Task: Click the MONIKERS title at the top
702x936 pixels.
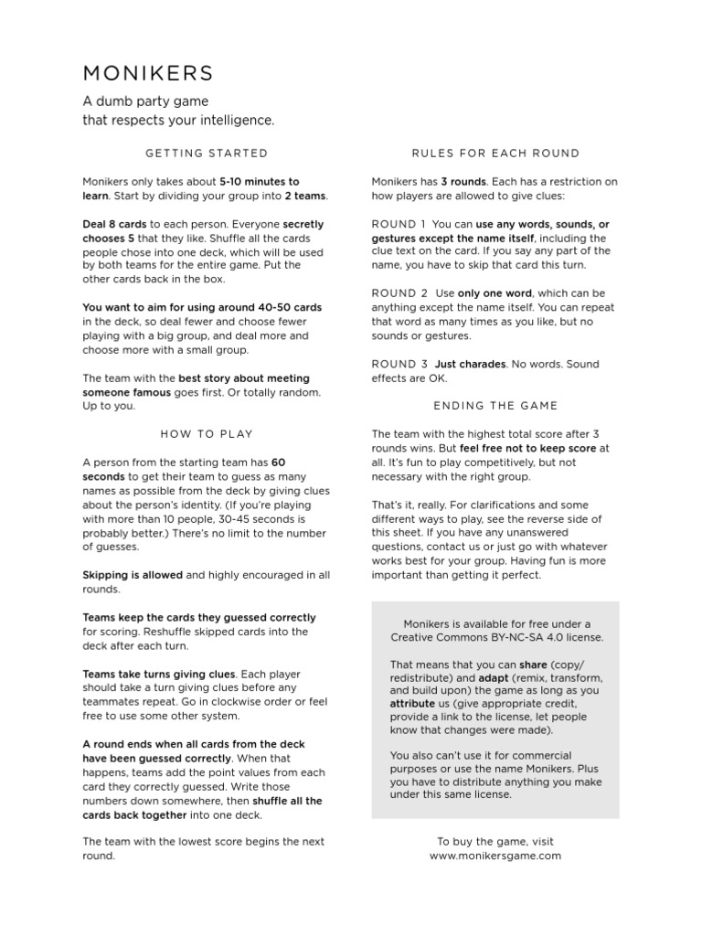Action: click(148, 73)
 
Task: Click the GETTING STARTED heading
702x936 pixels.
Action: click(207, 153)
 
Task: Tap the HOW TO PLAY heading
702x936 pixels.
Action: click(207, 434)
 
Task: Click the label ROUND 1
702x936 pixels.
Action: click(399, 224)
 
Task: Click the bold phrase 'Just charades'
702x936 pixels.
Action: click(470, 364)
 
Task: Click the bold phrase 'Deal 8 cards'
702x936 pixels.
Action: click(114, 224)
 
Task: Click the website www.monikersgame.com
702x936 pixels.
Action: click(495, 856)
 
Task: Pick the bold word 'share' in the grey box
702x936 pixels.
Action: click(534, 665)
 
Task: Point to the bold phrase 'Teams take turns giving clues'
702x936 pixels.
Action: click(159, 674)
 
